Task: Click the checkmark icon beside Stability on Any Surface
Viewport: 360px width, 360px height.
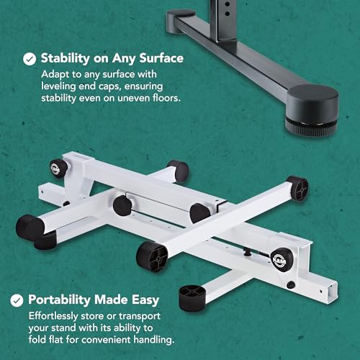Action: pyautogui.click(x=30, y=59)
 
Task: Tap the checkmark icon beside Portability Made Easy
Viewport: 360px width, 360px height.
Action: pyautogui.click(x=17, y=300)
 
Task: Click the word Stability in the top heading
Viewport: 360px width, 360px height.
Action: pyautogui.click(x=65, y=58)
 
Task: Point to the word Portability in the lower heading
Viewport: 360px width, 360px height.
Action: pyautogui.click(x=60, y=300)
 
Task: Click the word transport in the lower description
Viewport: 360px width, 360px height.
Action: pyautogui.click(x=140, y=316)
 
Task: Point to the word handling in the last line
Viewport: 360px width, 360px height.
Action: pyautogui.click(x=154, y=340)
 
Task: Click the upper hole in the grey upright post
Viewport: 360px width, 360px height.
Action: pyautogui.click(x=228, y=4)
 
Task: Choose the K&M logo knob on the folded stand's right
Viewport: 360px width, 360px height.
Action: pyautogui.click(x=281, y=260)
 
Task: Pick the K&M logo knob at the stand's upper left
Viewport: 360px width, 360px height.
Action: pyautogui.click(x=58, y=168)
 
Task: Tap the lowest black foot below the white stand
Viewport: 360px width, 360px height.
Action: pyautogui.click(x=192, y=299)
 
